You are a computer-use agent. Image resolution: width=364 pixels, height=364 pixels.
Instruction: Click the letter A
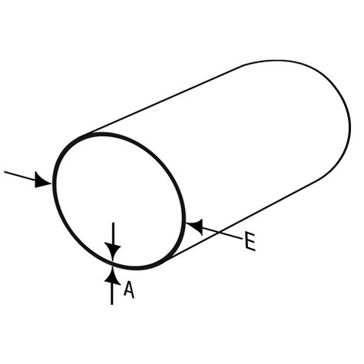click(x=129, y=290)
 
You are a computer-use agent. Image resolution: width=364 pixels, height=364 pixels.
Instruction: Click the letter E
click(x=250, y=241)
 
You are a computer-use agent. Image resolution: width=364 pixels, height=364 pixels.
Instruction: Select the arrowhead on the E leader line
click(x=195, y=227)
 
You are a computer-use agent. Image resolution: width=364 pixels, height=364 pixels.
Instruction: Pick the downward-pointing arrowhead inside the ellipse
click(x=113, y=252)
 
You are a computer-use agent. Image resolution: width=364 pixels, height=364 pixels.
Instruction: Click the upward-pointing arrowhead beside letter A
click(x=112, y=276)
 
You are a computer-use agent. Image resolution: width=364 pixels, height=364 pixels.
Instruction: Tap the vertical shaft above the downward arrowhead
click(x=113, y=233)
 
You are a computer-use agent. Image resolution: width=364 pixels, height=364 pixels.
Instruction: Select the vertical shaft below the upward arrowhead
click(x=112, y=294)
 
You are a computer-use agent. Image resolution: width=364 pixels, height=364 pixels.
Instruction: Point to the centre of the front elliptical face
click(x=119, y=201)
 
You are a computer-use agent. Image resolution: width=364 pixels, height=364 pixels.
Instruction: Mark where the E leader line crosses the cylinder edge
click(x=220, y=233)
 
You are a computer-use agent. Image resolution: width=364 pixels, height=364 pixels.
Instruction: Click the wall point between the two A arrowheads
click(x=112, y=263)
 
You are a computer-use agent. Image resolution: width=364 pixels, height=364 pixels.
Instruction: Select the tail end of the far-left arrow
click(x=5, y=172)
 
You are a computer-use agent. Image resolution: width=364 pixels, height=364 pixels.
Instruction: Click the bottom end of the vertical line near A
click(x=112, y=304)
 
